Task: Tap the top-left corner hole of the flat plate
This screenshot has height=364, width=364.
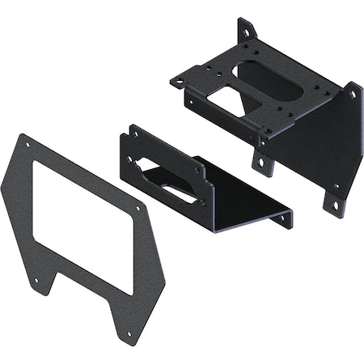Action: [28, 146]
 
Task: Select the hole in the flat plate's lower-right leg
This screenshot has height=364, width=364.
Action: [128, 332]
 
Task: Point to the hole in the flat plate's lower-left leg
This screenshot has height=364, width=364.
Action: [36, 281]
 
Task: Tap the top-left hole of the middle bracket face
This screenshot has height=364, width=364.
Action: [131, 137]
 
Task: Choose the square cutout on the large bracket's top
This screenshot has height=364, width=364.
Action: [227, 102]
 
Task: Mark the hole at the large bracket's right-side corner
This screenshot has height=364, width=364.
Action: [353, 94]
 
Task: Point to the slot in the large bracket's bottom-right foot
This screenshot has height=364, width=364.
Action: [334, 205]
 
